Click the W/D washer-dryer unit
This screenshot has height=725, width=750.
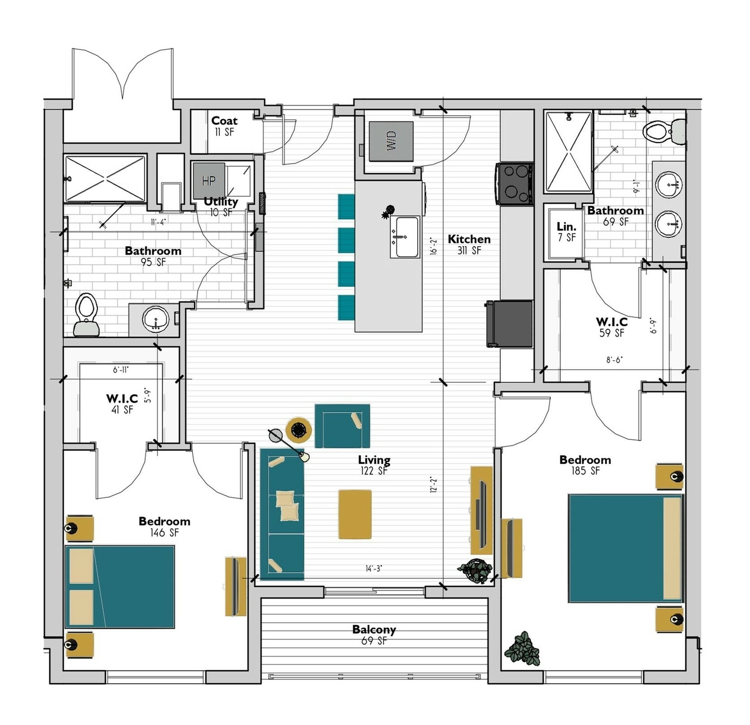pyautogui.click(x=391, y=141)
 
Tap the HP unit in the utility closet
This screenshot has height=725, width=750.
pyautogui.click(x=209, y=181)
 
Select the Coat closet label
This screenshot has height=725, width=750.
pyautogui.click(x=224, y=121)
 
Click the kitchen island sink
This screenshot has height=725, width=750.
pyautogui.click(x=405, y=237)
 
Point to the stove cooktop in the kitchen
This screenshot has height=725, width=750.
pyautogui.click(x=515, y=184)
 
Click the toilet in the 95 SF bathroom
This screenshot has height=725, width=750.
pyautogui.click(x=87, y=314)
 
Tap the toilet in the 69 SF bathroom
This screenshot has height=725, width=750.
pyautogui.click(x=664, y=131)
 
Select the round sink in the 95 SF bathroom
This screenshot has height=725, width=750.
pyautogui.click(x=156, y=319)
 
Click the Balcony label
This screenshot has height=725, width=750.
pyautogui.click(x=374, y=629)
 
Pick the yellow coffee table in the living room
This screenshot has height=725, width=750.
pyautogui.click(x=355, y=514)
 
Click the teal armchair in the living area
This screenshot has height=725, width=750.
pyautogui.click(x=342, y=426)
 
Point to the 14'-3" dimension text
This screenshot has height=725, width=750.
pyautogui.click(x=374, y=569)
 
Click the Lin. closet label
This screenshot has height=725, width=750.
pyautogui.click(x=567, y=227)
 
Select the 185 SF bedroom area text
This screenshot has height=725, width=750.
pyautogui.click(x=585, y=471)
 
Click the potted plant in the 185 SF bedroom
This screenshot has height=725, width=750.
pyautogui.click(x=523, y=648)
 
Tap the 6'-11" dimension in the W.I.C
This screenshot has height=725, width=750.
pyautogui.click(x=121, y=370)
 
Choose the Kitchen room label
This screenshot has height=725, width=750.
pyautogui.click(x=469, y=239)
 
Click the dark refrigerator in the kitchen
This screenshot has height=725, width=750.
pyautogui.click(x=510, y=323)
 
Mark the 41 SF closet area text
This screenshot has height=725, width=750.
pyautogui.click(x=122, y=410)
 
